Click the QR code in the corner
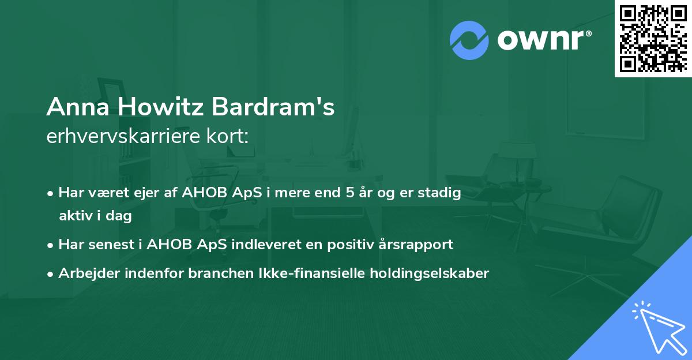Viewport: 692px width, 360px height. [652, 39]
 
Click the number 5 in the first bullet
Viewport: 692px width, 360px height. [349, 193]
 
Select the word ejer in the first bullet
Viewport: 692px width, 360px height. [144, 193]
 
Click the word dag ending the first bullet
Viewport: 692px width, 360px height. [121, 216]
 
